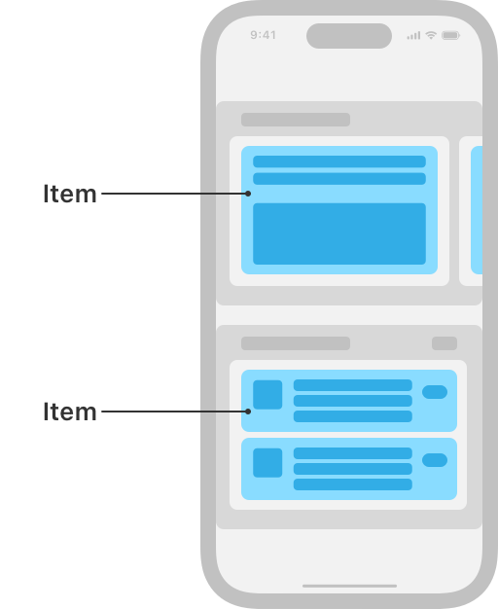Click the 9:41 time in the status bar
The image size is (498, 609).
263,35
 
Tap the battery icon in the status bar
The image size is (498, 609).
450,35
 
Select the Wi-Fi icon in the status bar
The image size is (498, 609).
431,35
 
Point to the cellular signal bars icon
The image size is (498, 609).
413,36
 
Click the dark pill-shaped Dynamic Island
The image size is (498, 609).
349,36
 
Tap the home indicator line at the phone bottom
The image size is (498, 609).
349,586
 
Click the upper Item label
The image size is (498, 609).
70,194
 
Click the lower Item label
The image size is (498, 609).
70,412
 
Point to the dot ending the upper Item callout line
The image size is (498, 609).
248,194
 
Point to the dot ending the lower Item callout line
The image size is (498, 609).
248,412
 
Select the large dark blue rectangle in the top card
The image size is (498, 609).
339,233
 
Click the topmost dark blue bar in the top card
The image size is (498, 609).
339,161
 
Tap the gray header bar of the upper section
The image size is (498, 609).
296,120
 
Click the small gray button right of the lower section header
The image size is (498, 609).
445,343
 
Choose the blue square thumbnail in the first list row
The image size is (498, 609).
267,395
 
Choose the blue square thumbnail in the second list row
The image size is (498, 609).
267,463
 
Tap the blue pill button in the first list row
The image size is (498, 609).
435,392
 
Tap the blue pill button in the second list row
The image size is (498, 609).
435,460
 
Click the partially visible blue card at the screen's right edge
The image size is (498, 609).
477,210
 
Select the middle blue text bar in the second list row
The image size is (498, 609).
353,469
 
